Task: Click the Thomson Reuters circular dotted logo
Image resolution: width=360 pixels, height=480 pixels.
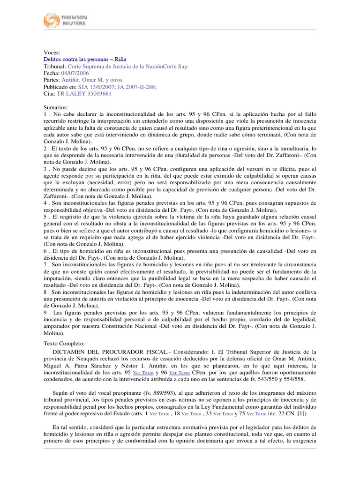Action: [51, 20]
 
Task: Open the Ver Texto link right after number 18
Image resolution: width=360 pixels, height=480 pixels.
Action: [192, 414]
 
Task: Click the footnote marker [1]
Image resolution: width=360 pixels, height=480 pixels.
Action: [303, 414]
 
